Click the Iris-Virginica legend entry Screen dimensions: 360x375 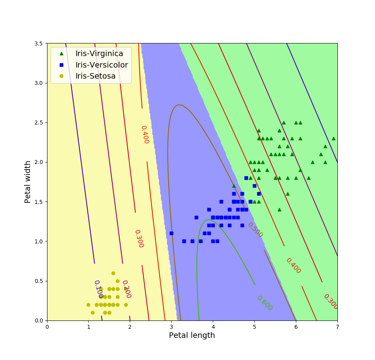pos(99,53)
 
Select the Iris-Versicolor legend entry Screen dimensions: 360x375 pos(102,65)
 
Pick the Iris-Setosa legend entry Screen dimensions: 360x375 pos(95,76)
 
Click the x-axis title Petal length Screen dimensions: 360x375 pos(192,335)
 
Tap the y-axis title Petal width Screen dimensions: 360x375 pos(28,182)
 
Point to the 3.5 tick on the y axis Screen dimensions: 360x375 pos(40,43)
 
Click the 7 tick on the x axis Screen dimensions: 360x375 pos(337,327)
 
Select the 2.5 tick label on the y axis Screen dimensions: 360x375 pos(40,123)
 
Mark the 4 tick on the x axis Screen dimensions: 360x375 pos(213,327)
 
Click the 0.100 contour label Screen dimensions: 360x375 pos(98,289)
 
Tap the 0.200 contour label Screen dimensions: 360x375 pos(126,289)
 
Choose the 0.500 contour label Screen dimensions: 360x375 pos(255,230)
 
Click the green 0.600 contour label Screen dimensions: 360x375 pos(265,303)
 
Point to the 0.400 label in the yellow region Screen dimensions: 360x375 pos(145,135)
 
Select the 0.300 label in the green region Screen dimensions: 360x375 pos(331,302)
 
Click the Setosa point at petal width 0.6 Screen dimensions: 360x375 pos(113,273)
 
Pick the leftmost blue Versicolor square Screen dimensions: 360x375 pos(171,233)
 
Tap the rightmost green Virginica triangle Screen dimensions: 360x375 pos(333,138)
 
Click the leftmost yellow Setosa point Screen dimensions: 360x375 pos(88,305)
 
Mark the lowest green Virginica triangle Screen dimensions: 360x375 pos(279,209)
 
